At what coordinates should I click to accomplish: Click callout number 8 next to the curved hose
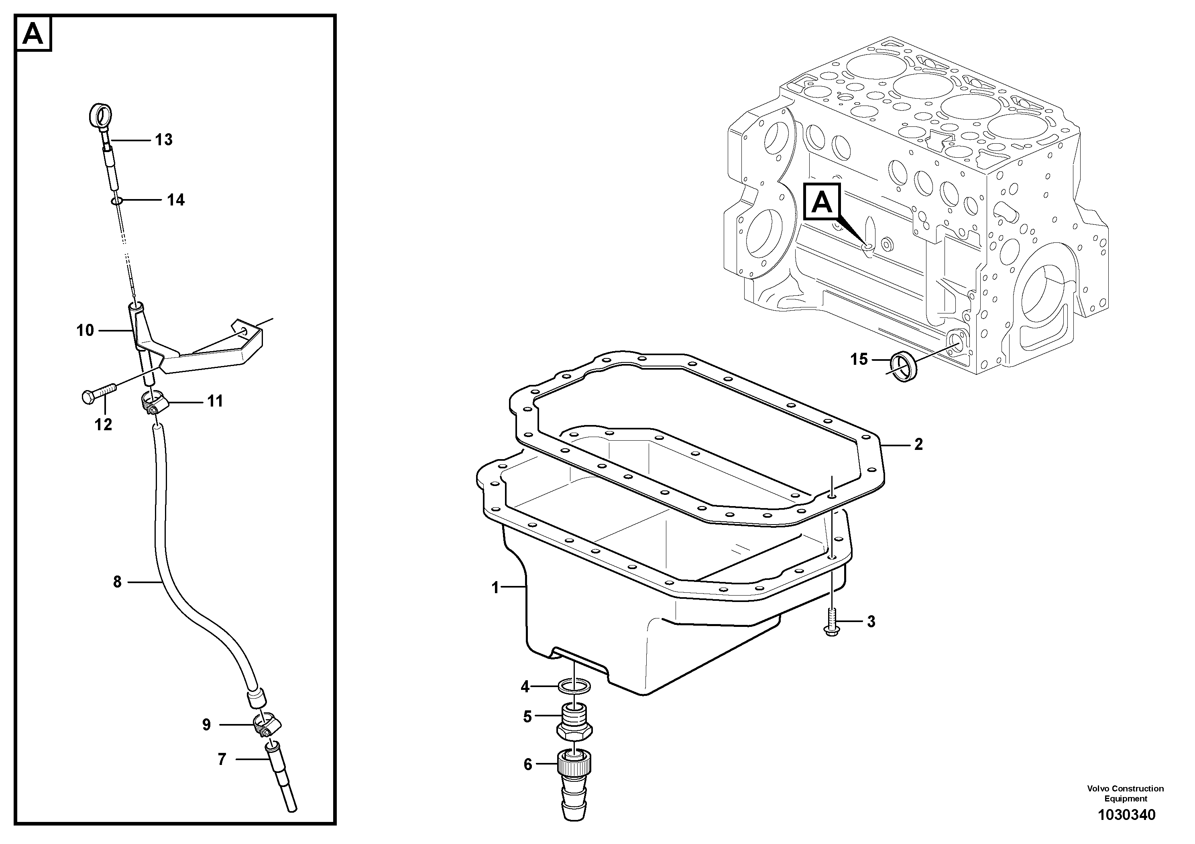coord(117,582)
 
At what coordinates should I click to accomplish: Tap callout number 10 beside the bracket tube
coord(85,330)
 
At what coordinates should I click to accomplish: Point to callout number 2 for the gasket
coord(918,444)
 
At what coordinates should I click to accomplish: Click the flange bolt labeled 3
coord(832,623)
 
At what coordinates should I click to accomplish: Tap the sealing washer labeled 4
coord(574,686)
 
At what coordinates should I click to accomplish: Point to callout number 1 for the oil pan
coord(495,588)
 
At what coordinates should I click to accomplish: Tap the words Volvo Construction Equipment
coord(1125,793)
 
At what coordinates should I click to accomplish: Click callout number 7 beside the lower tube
coord(222,760)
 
